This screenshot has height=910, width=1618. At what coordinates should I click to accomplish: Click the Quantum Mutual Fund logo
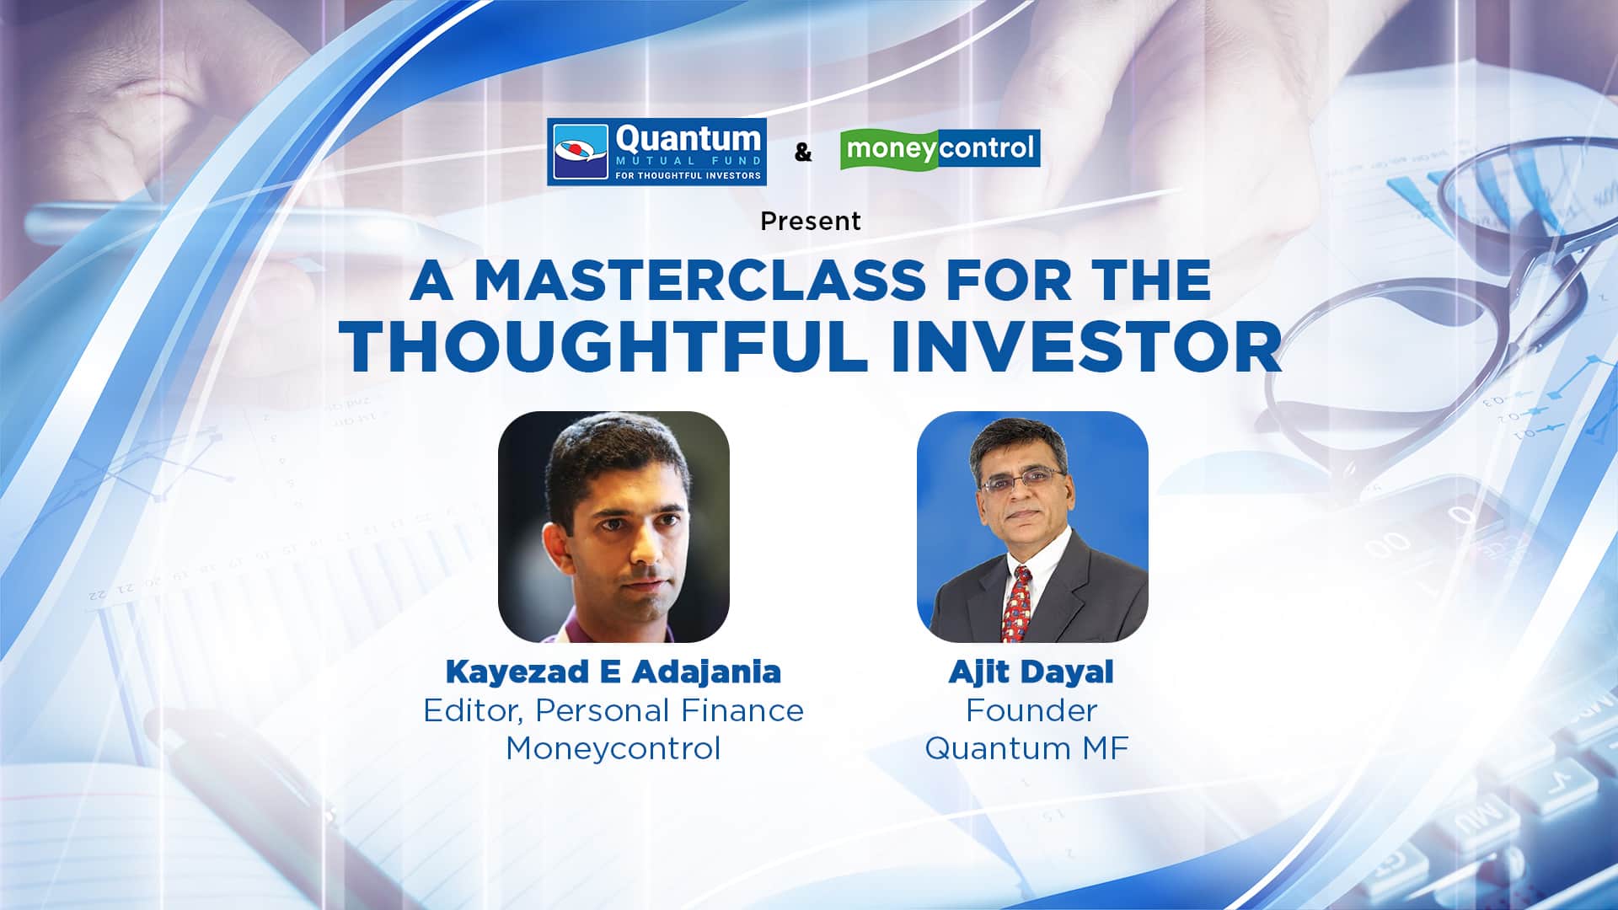coord(656,152)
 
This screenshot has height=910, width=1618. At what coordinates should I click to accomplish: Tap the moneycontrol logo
coord(940,149)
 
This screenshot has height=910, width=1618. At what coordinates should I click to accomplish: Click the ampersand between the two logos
coord(803,153)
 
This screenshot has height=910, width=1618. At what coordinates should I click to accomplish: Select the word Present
coord(810,221)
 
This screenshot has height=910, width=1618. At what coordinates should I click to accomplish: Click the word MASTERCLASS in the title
coord(699,281)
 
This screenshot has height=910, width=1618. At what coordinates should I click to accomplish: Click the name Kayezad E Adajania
coord(613,672)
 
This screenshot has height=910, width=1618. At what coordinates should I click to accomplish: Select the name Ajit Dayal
coord(1031,672)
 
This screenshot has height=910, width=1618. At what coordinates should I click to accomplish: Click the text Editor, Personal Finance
coord(613,710)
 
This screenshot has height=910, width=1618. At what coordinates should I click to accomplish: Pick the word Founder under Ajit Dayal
coord(1031,710)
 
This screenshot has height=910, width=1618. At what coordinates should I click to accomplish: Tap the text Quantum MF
coord(1026,748)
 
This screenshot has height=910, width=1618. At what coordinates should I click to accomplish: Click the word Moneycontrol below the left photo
coord(613,748)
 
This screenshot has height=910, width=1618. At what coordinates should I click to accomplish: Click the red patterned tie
coord(1016,602)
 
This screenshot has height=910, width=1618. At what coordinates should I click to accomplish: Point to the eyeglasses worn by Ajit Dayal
coord(1021,482)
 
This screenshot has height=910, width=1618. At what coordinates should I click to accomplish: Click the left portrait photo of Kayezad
coord(613,527)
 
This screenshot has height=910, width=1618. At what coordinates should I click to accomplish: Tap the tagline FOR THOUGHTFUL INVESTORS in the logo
coord(688,176)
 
